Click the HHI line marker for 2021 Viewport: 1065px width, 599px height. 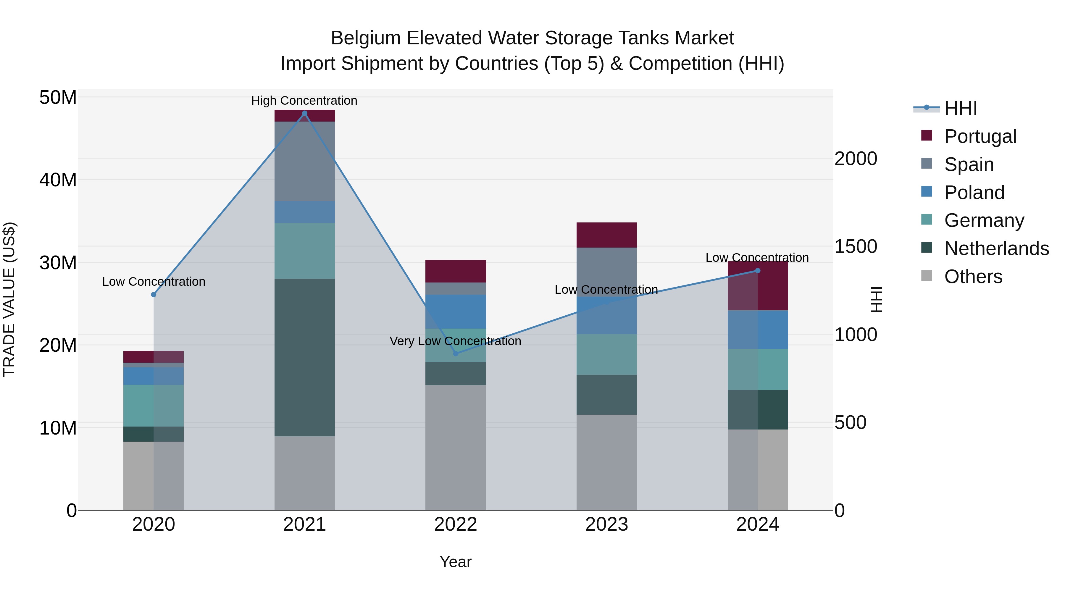pos(305,113)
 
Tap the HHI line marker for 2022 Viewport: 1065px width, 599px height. pos(456,353)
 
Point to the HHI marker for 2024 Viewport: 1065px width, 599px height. pos(758,271)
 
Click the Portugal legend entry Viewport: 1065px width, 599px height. pos(980,136)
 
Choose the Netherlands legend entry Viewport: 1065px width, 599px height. pos(996,248)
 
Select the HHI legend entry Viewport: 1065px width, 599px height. pos(960,108)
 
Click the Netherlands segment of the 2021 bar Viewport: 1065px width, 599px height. pos(305,358)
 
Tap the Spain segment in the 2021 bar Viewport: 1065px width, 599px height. pos(305,161)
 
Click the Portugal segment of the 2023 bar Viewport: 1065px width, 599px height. pos(606,235)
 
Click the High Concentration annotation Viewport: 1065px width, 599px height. pos(304,101)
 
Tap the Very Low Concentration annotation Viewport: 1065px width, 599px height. pos(455,341)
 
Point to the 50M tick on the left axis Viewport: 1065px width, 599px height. pos(58,98)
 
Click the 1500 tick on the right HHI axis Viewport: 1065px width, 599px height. pos(855,246)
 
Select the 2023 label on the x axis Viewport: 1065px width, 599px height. pos(606,524)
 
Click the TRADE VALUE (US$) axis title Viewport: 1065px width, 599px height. pos(9,299)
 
